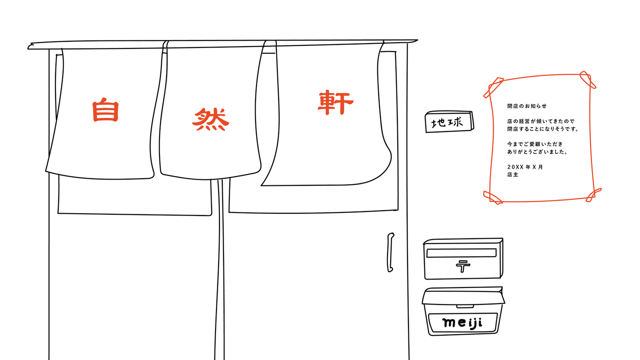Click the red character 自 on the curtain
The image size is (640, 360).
coord(106,110)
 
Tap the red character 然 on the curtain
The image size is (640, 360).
coord(211,120)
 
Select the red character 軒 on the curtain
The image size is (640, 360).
coord(336,103)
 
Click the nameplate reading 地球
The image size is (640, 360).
coord(449,121)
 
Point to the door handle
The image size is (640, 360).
coord(390,252)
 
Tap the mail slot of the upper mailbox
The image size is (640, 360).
coord(461,253)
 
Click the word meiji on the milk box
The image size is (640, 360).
coord(463,322)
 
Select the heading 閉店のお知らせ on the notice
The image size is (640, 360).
coord(527,106)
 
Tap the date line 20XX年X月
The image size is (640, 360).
coord(525,167)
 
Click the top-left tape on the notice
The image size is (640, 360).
coord(493,88)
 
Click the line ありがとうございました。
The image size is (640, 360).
coord(538,152)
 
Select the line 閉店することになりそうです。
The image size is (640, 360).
coord(543,129)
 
